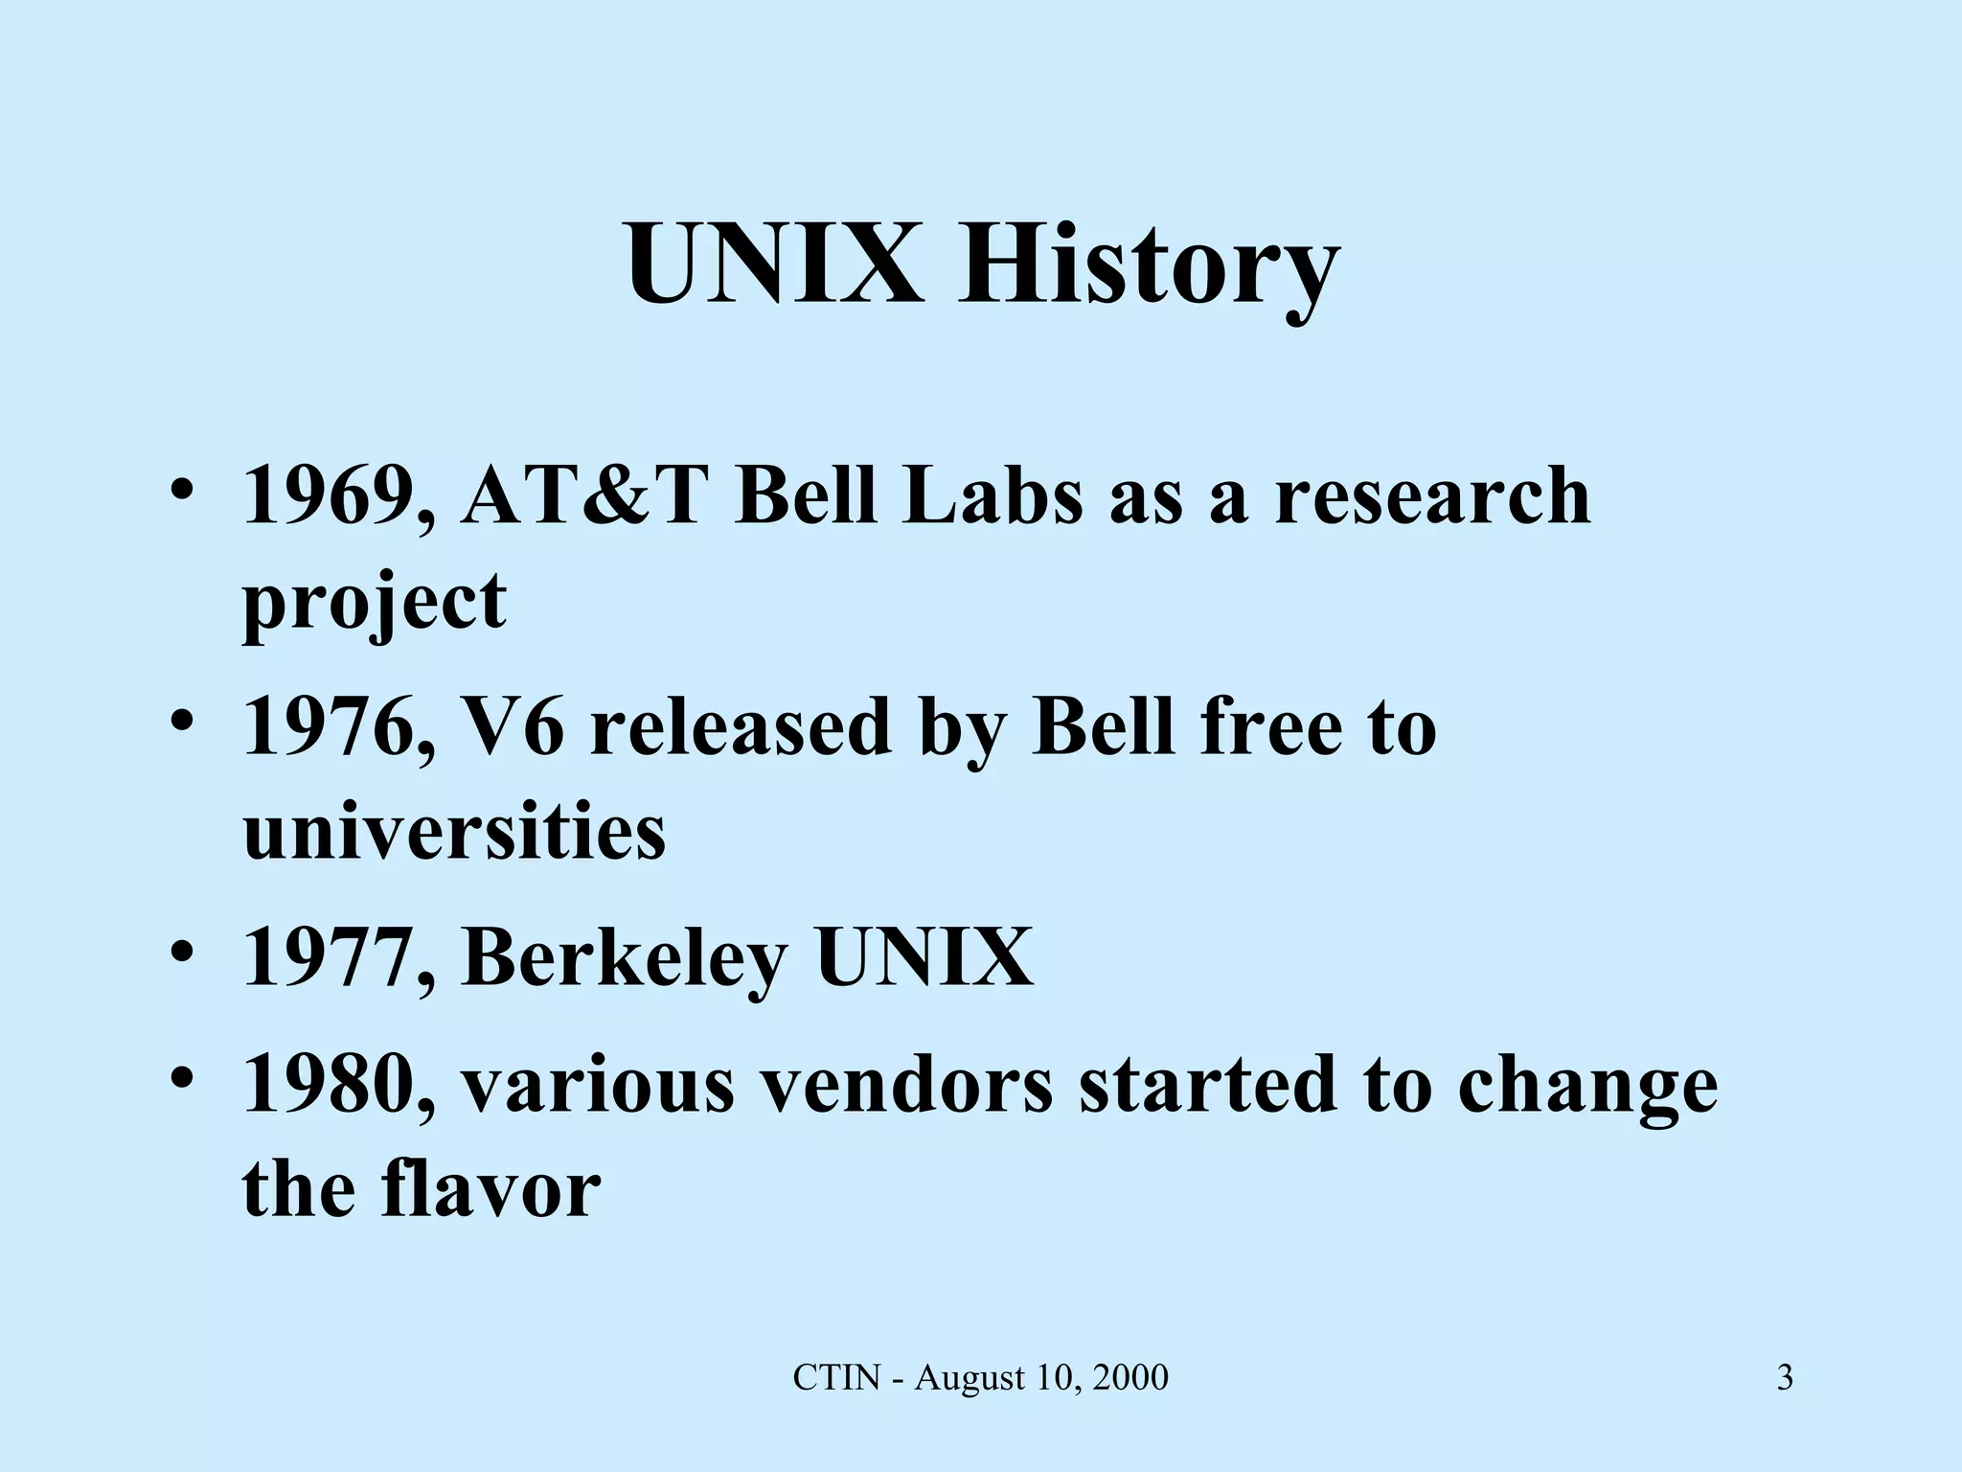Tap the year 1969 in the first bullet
pyautogui.click(x=334, y=496)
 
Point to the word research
pyautogui.click(x=1432, y=496)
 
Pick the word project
pyautogui.click(x=375, y=602)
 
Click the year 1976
pyautogui.click(x=334, y=726)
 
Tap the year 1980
pyautogui.click(x=334, y=1085)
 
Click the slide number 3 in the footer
pyautogui.click(x=1785, y=1378)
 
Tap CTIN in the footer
pyautogui.click(x=836, y=1378)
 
